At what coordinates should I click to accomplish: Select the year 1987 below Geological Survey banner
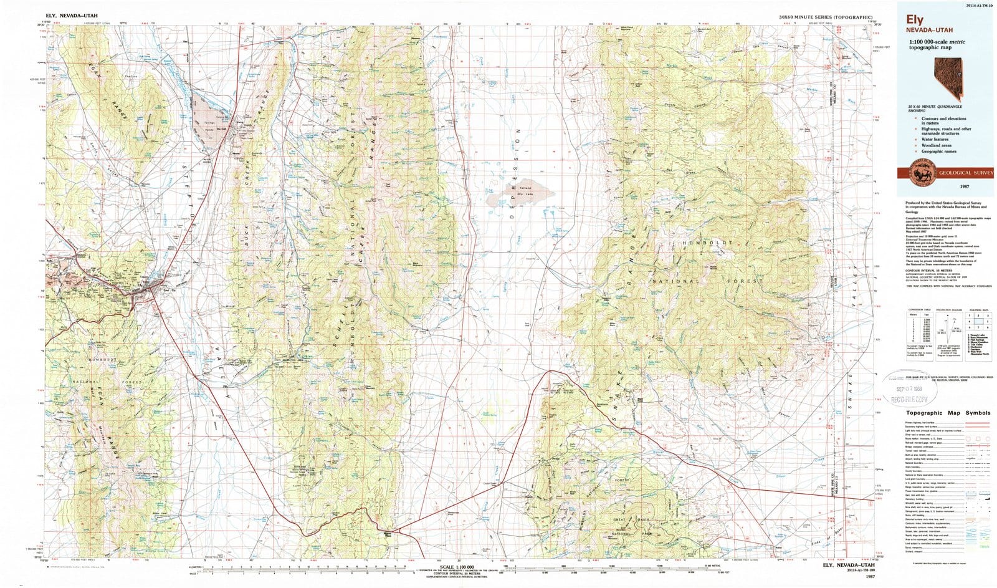pos(945,187)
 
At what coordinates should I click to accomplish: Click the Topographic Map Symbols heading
pos(948,413)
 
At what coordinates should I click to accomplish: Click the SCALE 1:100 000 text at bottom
pos(457,566)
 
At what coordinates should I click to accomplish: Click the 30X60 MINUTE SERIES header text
pos(825,17)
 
